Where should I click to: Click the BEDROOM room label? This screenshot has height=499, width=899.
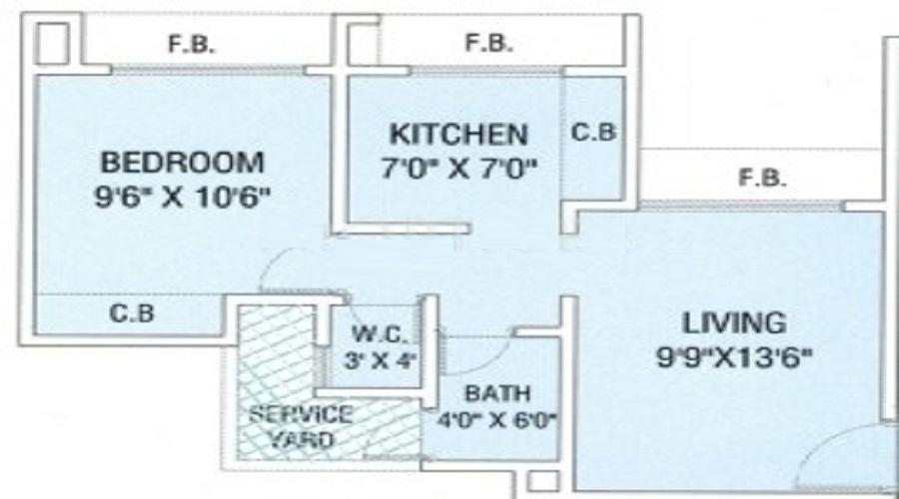tap(183, 162)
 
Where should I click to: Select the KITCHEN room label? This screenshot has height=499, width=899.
tap(456, 133)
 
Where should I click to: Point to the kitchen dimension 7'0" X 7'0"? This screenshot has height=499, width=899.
tap(457, 167)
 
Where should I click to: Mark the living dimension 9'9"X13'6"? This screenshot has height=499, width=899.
tap(734, 357)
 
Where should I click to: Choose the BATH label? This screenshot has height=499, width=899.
tap(496, 393)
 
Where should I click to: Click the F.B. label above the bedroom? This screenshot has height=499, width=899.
tap(192, 45)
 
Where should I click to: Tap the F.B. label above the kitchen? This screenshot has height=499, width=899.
tap(488, 43)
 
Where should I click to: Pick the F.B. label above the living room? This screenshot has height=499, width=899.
tap(761, 179)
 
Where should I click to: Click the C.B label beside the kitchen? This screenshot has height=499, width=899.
tap(593, 132)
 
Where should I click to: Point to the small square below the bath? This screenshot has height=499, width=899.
tap(539, 482)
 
